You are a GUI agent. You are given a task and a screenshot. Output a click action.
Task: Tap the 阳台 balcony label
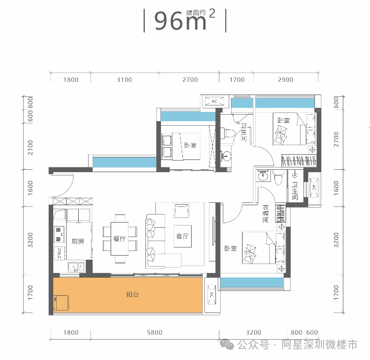[x=133, y=294]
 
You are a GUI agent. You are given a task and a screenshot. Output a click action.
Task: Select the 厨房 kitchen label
[x=78, y=241]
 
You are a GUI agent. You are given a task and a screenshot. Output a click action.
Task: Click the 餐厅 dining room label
[x=119, y=239]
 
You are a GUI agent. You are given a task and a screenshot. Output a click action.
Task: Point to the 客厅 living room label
[x=182, y=236]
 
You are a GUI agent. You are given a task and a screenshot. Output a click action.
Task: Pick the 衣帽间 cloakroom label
[x=266, y=214]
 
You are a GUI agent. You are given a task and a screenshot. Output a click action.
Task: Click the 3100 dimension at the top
[x=124, y=79]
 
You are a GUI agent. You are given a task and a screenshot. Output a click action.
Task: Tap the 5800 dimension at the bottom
[x=155, y=332]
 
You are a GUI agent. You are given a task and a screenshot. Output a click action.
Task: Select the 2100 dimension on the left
[x=30, y=147]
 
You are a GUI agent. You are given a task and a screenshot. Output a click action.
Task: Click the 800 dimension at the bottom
[x=296, y=332]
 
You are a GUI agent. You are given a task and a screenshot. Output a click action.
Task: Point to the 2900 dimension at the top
[x=285, y=79]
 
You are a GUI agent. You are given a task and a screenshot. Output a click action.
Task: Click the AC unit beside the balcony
[x=212, y=294]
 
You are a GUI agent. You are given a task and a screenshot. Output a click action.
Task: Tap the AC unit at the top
[x=214, y=101]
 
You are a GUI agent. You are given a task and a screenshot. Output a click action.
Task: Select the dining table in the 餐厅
[x=120, y=239]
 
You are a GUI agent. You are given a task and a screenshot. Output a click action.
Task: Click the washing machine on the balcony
[x=61, y=303]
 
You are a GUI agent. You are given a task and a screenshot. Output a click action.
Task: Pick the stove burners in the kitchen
[x=58, y=234]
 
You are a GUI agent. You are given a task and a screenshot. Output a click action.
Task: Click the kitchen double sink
[x=76, y=267]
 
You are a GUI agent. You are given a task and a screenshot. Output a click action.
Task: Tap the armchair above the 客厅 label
[x=181, y=210]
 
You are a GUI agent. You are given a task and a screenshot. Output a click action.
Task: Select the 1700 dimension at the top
[x=237, y=79]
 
